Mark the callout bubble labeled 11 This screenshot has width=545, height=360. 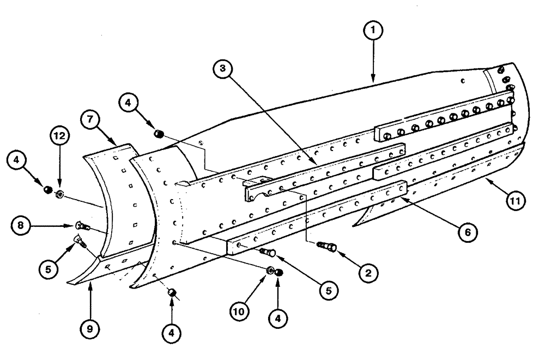pyautogui.click(x=517, y=201)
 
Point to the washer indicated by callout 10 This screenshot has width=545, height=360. pyautogui.click(x=270, y=271)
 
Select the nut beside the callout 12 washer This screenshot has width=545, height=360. pyautogui.click(x=47, y=189)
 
